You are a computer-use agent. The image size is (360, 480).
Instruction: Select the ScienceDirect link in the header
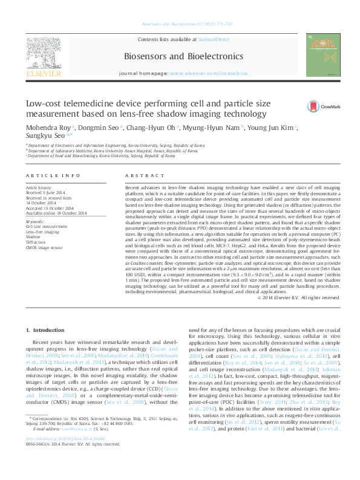point(214,39)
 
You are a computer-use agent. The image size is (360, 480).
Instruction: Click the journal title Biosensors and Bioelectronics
point(183,56)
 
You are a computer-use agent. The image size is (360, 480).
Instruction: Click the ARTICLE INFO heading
point(53,175)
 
